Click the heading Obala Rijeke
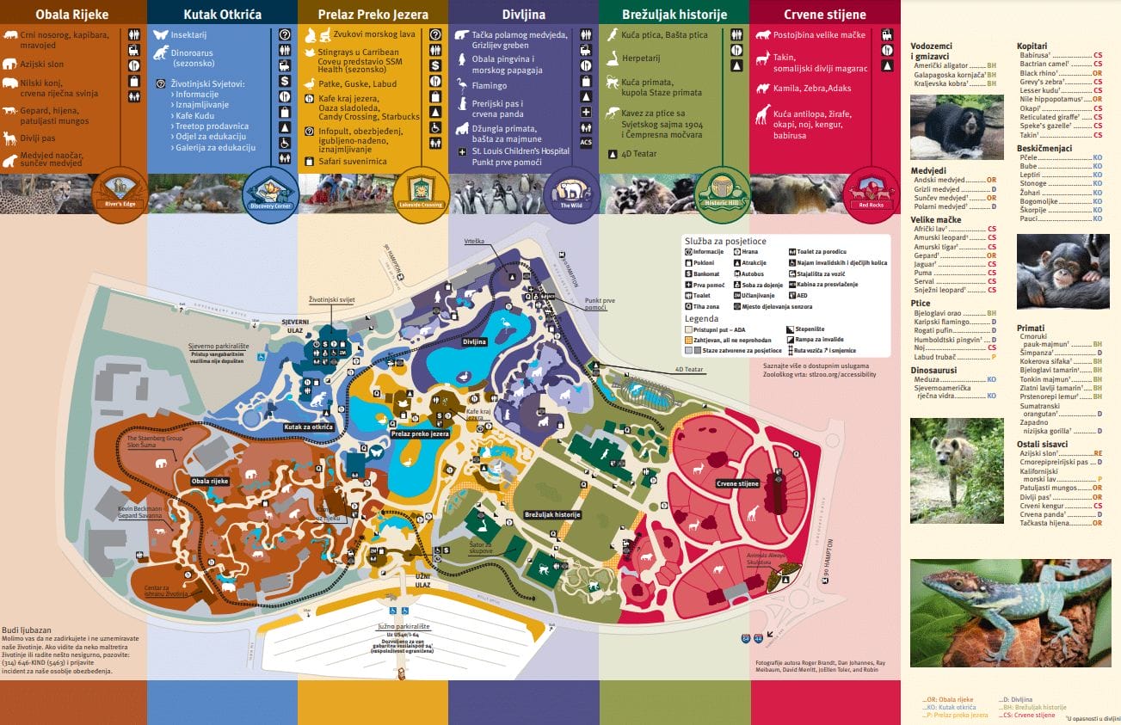coord(72,14)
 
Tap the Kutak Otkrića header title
coord(223,15)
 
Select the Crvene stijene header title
coord(825,15)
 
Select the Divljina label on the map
coord(475,341)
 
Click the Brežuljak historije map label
coord(552,514)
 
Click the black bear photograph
coord(957,126)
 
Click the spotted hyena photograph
coord(957,470)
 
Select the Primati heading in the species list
coord(1031,328)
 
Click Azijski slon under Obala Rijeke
coord(41,65)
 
